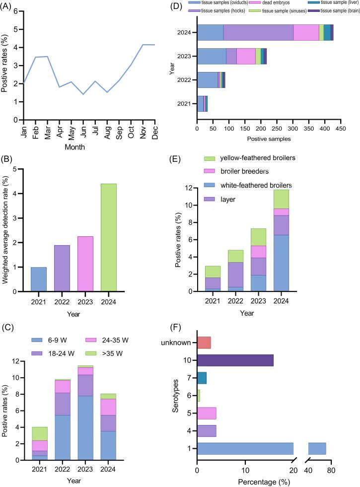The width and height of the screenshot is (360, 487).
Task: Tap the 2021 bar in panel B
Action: pos(39,278)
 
